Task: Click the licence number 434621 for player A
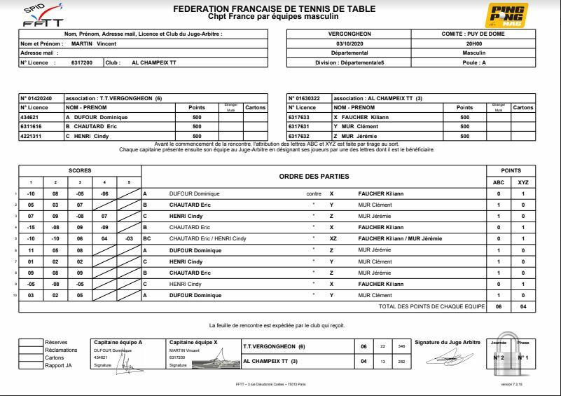[x=32, y=117]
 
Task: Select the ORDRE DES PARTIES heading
[x=314, y=177]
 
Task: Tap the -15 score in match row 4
[x=31, y=227]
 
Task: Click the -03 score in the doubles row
[x=129, y=238]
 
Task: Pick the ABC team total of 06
[x=499, y=306]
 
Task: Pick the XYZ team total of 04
[x=523, y=306]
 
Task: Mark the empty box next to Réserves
[x=30, y=343]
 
